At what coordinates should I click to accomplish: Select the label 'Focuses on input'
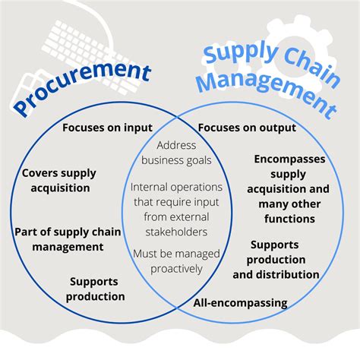click(107, 128)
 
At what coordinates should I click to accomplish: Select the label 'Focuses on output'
click(246, 128)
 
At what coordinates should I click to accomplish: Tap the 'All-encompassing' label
click(241, 303)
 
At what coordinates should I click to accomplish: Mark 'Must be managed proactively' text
click(176, 261)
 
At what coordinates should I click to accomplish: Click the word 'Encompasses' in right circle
click(289, 159)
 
